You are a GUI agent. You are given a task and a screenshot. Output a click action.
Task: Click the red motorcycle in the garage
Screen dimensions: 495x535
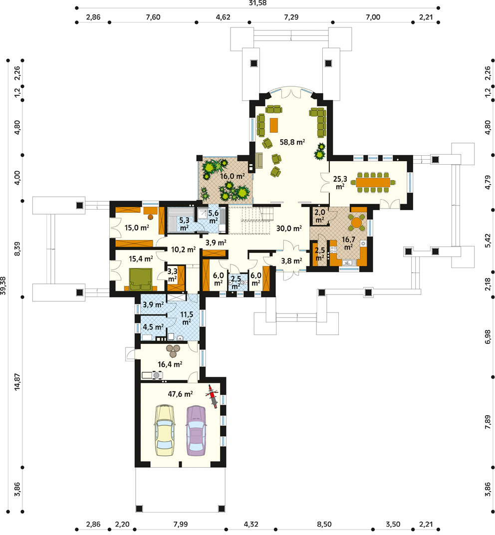(212, 396)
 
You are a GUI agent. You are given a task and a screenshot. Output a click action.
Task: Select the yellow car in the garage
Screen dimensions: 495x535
(165, 431)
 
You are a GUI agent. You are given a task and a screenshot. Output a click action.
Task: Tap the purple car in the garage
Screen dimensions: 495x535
(196, 431)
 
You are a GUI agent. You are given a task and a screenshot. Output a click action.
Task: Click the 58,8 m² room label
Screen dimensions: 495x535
(292, 142)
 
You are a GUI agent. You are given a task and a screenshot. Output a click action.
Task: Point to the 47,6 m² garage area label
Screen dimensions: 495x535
(180, 394)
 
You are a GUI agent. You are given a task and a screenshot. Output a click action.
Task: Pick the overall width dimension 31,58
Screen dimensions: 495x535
(257, 3)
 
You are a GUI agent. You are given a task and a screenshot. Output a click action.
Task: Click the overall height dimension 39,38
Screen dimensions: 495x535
(3, 285)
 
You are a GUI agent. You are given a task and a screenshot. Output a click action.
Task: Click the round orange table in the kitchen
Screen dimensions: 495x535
(357, 223)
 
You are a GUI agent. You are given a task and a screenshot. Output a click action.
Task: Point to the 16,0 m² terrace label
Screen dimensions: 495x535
(233, 176)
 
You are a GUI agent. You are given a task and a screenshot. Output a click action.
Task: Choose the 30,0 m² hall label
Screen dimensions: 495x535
(288, 228)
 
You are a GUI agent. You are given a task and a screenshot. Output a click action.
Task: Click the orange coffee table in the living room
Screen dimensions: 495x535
(274, 125)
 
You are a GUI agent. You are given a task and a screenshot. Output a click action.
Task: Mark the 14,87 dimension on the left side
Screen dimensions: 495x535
(17, 382)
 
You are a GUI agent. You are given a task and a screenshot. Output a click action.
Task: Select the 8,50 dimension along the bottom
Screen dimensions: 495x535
(324, 524)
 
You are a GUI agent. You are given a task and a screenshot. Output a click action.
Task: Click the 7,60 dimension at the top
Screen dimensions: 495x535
(153, 17)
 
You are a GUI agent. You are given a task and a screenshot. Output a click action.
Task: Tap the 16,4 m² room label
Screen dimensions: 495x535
(170, 364)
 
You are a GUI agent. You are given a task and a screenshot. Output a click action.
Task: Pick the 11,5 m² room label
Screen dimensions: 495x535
(187, 318)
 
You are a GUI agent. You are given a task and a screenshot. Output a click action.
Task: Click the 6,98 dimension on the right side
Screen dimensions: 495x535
(488, 336)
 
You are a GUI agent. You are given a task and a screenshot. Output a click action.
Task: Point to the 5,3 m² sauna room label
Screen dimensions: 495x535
(184, 224)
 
